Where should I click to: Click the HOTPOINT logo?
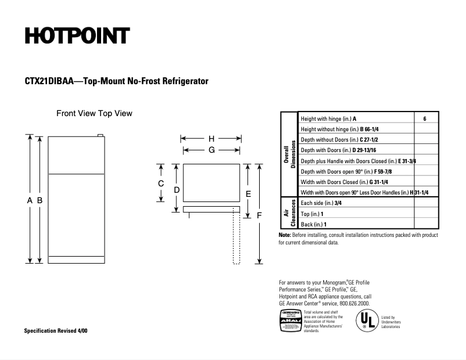pyautogui.click(x=76, y=36)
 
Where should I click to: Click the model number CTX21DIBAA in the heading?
pyautogui.click(x=49, y=82)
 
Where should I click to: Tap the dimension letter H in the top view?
pyautogui.click(x=212, y=139)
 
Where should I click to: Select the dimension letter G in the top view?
pyautogui.click(x=212, y=150)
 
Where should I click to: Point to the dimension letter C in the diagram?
pyautogui.click(x=161, y=183)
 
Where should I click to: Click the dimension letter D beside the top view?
pyautogui.click(x=177, y=190)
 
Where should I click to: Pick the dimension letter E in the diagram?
pyautogui.click(x=248, y=194)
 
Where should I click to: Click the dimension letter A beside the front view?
pyautogui.click(x=30, y=200)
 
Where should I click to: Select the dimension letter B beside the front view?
pyautogui.click(x=40, y=200)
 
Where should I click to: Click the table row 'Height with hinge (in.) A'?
pyautogui.click(x=329, y=118)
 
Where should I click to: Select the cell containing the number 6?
pyautogui.click(x=425, y=118)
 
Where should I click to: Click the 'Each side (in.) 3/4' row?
pyautogui.click(x=321, y=203)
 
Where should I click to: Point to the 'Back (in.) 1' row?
pyautogui.click(x=314, y=224)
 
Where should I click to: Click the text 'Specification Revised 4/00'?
pyautogui.click(x=56, y=330)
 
